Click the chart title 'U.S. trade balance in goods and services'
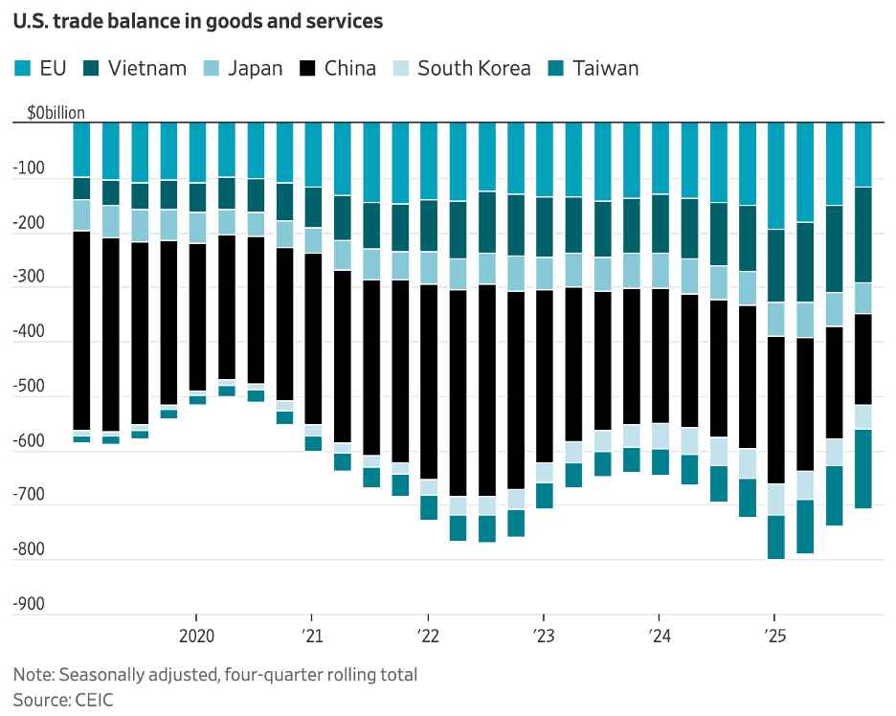tap(198, 21)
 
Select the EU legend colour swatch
tap(22, 68)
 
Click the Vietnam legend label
tap(147, 68)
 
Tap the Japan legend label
tap(256, 68)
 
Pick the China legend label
tap(349, 68)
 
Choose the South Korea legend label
tap(474, 68)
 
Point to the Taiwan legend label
tap(605, 68)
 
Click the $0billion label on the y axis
tap(56, 113)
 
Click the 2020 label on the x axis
tap(195, 635)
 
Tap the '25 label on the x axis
tap(773, 635)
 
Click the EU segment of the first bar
tap(81, 149)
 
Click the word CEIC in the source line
tap(93, 700)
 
